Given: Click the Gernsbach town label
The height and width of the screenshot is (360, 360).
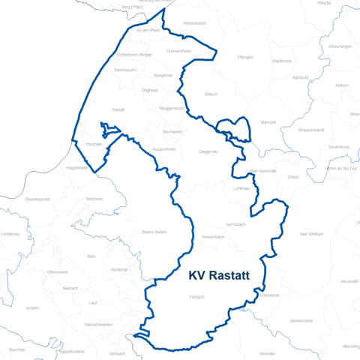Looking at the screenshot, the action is tap(235, 225).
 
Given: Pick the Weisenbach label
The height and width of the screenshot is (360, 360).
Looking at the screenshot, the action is tap(213, 237).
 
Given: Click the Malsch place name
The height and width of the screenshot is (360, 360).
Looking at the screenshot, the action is tap(211, 94).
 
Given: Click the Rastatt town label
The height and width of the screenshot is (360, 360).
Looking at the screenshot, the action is tap(118, 109).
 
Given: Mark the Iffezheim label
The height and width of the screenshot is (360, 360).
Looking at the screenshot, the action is tap(94, 142).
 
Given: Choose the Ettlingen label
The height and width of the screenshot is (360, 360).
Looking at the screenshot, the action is tap(245, 57).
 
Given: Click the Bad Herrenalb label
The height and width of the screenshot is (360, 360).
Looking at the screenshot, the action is tap(262, 172).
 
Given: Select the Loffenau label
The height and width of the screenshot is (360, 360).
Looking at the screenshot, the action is tap(241, 188).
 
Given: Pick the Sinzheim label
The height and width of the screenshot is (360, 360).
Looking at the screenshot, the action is tap(94, 199).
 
